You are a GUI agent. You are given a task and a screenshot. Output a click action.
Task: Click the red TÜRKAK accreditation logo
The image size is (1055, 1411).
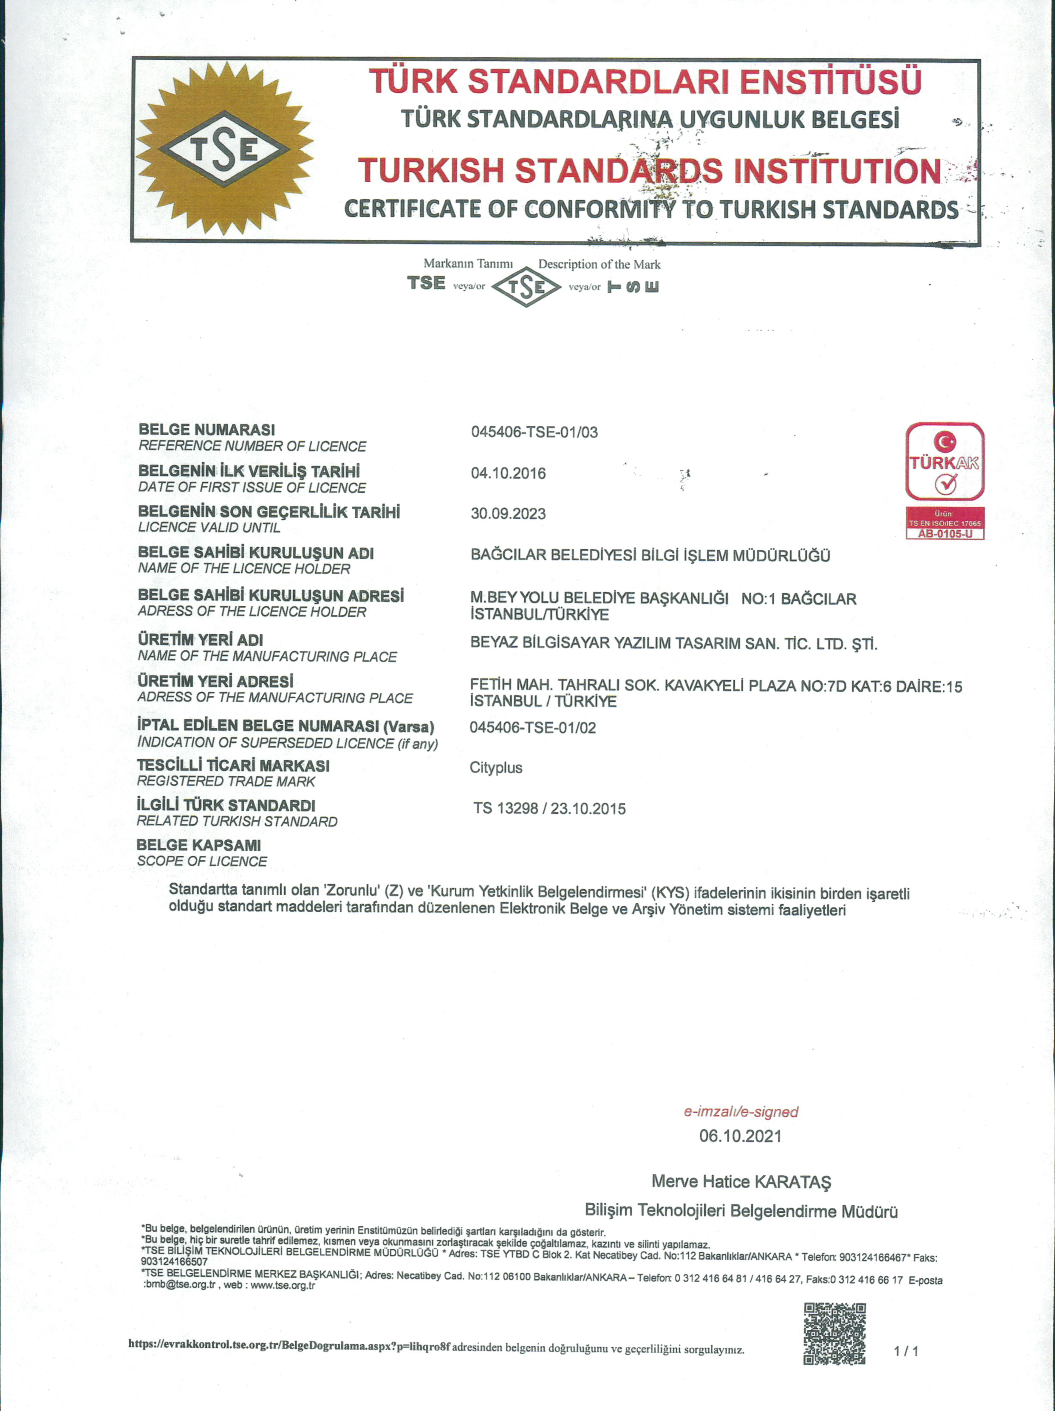coord(945,461)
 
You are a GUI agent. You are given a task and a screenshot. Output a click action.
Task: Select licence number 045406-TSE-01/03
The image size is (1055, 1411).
coord(535,433)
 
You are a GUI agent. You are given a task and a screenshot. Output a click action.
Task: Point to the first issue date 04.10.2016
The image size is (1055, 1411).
coord(508,473)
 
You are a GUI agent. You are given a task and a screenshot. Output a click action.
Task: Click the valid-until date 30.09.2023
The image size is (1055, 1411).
coord(508,514)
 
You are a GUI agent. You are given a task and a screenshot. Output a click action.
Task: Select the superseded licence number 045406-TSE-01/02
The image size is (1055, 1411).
coord(533,728)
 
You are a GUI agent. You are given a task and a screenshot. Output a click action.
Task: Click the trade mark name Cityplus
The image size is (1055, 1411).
coord(495,767)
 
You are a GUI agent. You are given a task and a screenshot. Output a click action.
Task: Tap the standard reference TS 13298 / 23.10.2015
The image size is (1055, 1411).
coord(549,809)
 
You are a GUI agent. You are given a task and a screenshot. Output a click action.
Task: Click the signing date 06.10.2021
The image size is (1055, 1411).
coord(740,1136)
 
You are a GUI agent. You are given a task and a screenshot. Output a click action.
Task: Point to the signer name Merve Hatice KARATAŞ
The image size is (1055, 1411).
coord(741,1182)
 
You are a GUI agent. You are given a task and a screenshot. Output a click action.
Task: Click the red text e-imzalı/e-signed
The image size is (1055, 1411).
coord(741,1112)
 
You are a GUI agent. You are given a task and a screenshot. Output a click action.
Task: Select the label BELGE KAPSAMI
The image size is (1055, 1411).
coord(198,845)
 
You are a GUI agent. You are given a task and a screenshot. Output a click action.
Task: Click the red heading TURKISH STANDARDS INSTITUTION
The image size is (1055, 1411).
coord(649,171)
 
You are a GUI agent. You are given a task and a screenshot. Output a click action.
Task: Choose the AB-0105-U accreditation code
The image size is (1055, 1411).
coord(945,534)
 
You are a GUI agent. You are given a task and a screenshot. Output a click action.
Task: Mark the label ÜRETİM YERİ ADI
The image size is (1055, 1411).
coord(200,640)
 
